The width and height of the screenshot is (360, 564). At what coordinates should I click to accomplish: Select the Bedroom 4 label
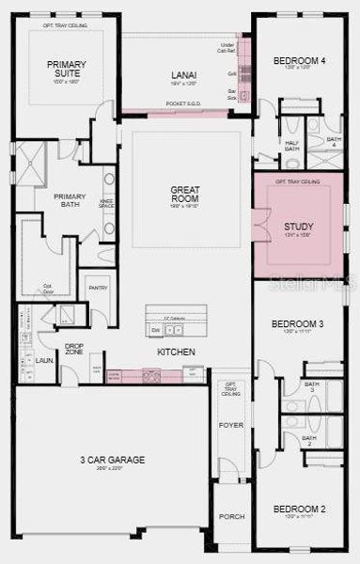coord(299,61)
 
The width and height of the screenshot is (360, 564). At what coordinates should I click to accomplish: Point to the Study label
coord(299,227)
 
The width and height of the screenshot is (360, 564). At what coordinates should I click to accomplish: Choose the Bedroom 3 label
coord(297,324)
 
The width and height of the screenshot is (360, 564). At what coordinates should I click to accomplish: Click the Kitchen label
coord(176,352)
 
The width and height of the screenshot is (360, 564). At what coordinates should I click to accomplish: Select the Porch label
coord(231,516)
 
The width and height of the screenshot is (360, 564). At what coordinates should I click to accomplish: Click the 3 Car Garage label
coord(112,460)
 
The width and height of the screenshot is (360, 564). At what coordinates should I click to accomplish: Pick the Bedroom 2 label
coord(299,509)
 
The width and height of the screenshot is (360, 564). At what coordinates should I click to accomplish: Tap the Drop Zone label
coord(74,349)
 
